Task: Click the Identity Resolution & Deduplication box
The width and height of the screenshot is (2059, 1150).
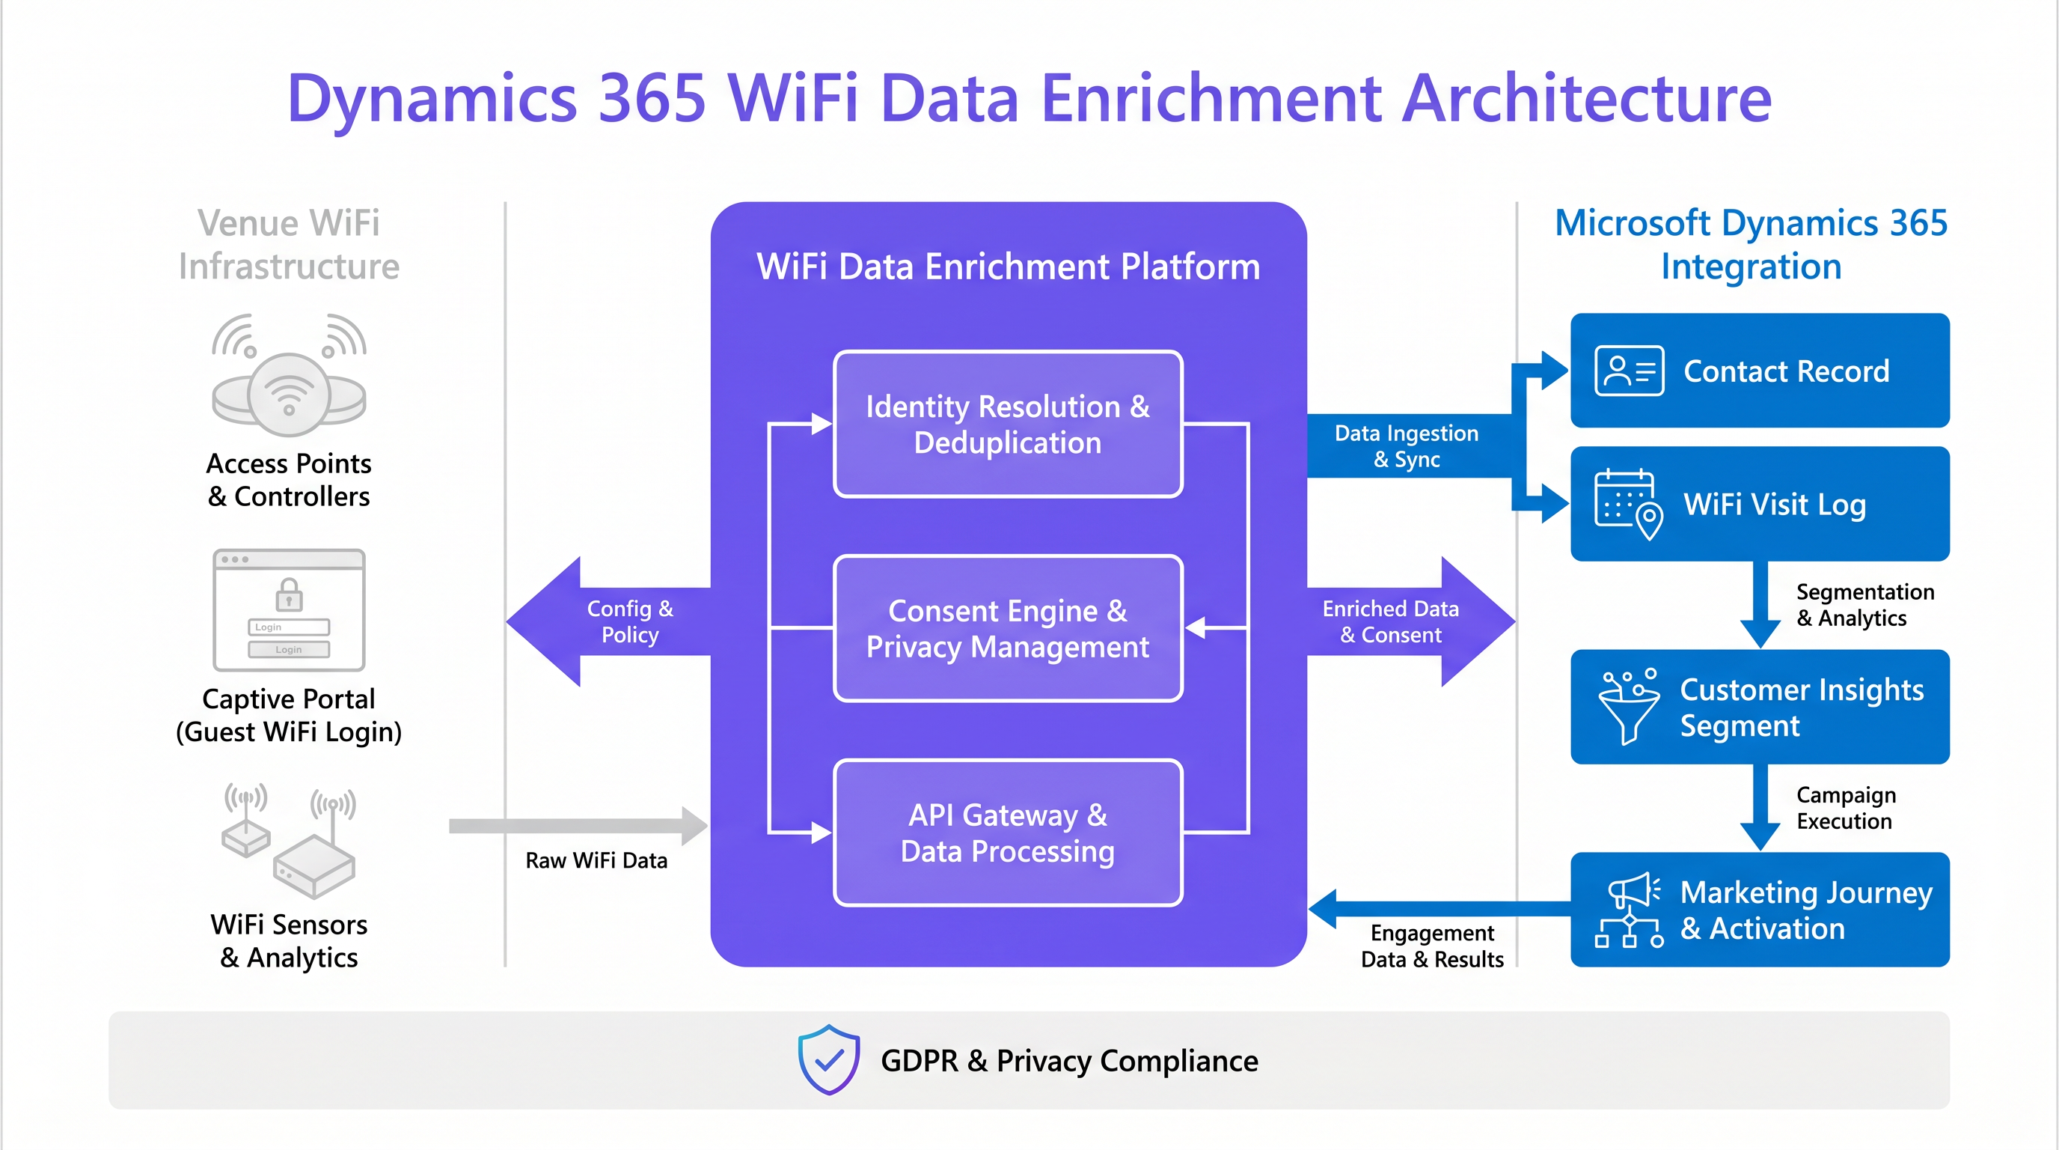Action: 1007,424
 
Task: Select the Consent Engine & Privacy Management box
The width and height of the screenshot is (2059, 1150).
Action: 1007,629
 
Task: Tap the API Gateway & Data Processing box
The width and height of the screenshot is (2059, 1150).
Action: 1007,833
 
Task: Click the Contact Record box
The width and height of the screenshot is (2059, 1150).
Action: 1759,371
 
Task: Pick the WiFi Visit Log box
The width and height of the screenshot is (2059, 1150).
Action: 1759,504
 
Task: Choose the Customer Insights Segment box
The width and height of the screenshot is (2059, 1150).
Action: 1759,707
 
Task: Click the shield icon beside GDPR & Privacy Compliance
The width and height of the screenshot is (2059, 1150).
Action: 829,1059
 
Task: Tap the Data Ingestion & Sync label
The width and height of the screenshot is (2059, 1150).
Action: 1406,446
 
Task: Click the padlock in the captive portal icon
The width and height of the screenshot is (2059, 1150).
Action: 289,594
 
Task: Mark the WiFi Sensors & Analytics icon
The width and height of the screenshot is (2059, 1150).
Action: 289,840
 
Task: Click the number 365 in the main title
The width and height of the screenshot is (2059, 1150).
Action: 652,98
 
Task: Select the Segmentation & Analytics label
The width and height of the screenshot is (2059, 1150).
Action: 1864,605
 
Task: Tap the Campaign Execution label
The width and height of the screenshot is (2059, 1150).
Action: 1845,808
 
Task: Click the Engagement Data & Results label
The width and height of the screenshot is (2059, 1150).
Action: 1431,946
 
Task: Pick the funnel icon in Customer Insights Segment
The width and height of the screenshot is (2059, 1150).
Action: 1627,707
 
